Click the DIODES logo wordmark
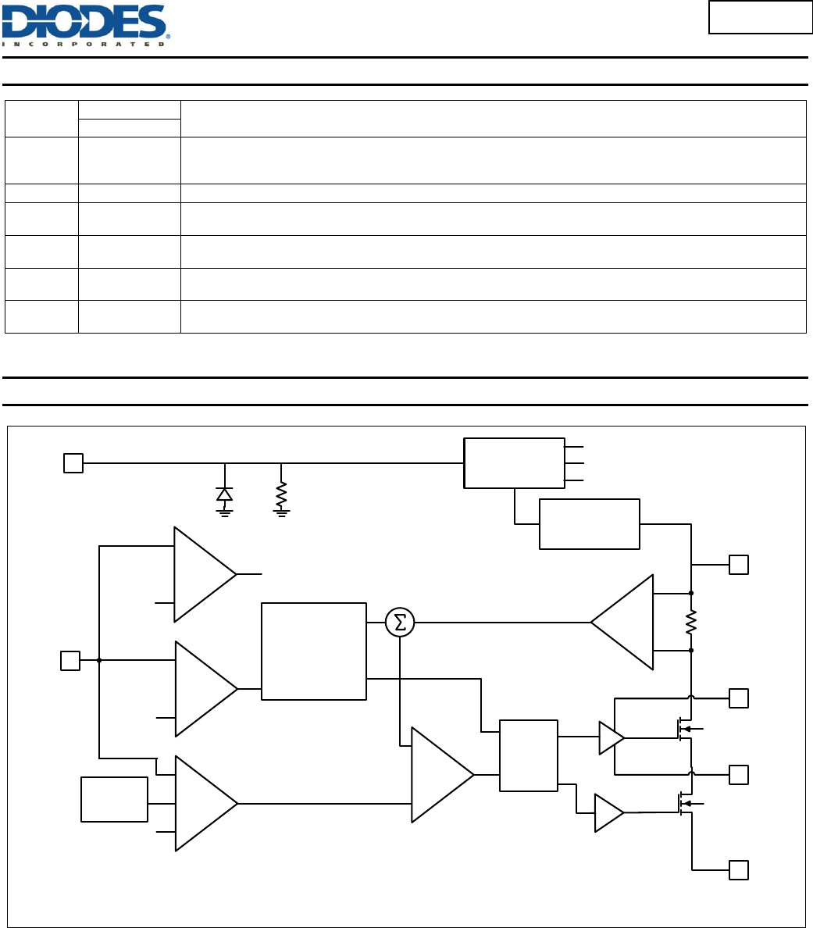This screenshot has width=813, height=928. click(x=84, y=21)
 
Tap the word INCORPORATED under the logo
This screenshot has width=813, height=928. click(x=84, y=44)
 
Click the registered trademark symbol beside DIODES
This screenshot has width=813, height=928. click(x=169, y=36)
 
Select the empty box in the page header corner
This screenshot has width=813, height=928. click(x=760, y=17)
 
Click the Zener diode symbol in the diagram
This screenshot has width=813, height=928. click(x=225, y=494)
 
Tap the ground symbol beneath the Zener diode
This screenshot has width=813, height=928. click(x=225, y=512)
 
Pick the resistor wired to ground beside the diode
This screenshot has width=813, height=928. click(x=281, y=494)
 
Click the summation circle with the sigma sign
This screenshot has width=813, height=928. click(x=400, y=623)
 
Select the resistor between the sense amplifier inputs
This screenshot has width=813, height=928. click(x=691, y=623)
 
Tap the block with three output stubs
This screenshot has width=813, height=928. click(x=514, y=463)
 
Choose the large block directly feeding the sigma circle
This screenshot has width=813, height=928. click(x=314, y=651)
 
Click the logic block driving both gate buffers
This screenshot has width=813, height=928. click(x=529, y=755)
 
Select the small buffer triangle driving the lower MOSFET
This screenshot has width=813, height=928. click(x=608, y=812)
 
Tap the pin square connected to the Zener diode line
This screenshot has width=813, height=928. click(x=73, y=463)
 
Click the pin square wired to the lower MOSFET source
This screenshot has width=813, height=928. click(x=739, y=869)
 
